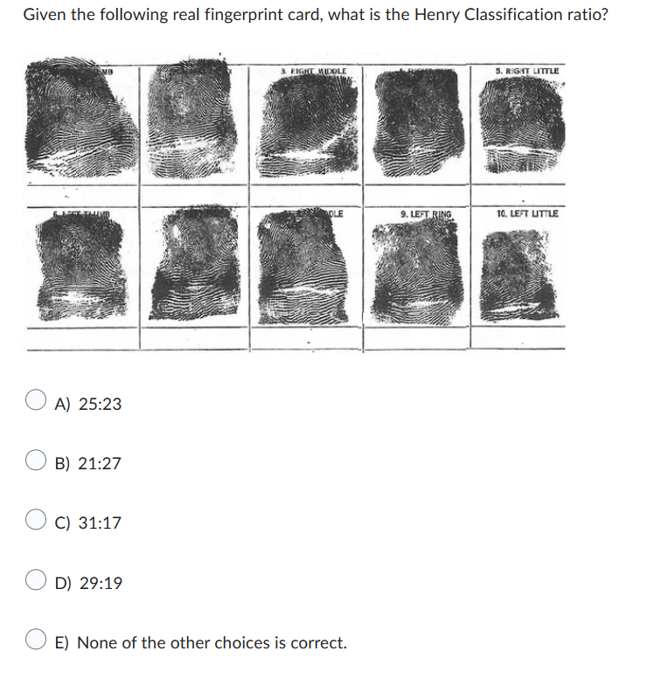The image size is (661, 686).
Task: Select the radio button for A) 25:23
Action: (x=36, y=403)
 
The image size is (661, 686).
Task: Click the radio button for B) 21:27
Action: (x=36, y=462)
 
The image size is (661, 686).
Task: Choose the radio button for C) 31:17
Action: (x=36, y=523)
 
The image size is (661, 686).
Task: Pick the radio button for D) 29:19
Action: (x=36, y=582)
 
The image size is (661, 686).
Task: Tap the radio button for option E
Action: (x=36, y=642)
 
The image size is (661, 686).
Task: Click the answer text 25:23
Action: (x=100, y=404)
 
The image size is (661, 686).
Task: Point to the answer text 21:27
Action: (x=100, y=463)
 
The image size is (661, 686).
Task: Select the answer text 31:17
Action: (x=100, y=523)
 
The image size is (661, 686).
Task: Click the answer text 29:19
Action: (x=100, y=583)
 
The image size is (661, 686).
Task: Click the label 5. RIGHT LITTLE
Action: (x=527, y=70)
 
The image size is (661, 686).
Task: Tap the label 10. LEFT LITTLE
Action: (x=527, y=213)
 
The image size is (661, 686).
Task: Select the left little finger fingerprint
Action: (x=518, y=269)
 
